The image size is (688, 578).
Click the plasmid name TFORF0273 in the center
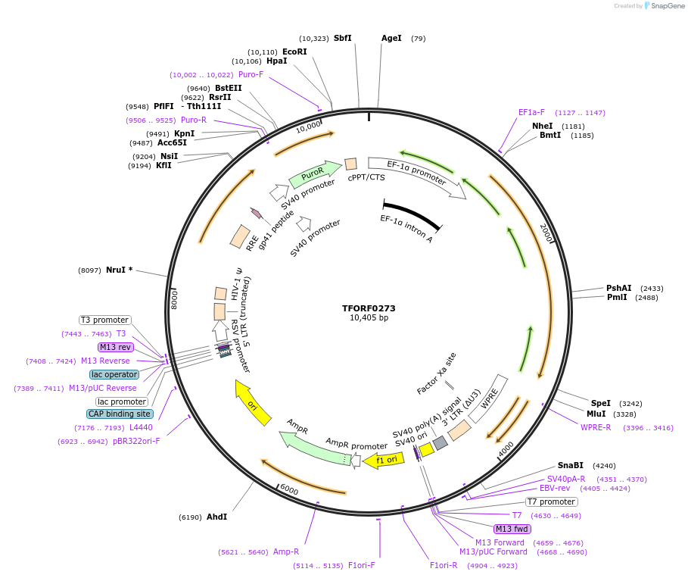[369, 308]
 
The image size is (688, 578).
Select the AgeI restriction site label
[391, 38]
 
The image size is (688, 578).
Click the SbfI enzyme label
[343, 38]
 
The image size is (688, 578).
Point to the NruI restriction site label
[119, 270]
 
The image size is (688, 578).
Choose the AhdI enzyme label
[216, 517]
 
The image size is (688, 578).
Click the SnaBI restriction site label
[571, 465]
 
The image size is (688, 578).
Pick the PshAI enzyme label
[618, 288]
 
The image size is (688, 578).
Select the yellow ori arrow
[253, 402]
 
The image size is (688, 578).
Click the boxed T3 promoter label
[104, 320]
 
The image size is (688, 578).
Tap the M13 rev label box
[116, 347]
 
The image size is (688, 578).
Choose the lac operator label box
[114, 374]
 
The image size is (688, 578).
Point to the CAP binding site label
[120, 414]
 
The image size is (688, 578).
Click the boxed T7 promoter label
[552, 501]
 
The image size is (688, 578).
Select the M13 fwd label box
[512, 529]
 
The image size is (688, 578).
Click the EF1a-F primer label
[531, 112]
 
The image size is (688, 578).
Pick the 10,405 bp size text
[369, 318]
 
